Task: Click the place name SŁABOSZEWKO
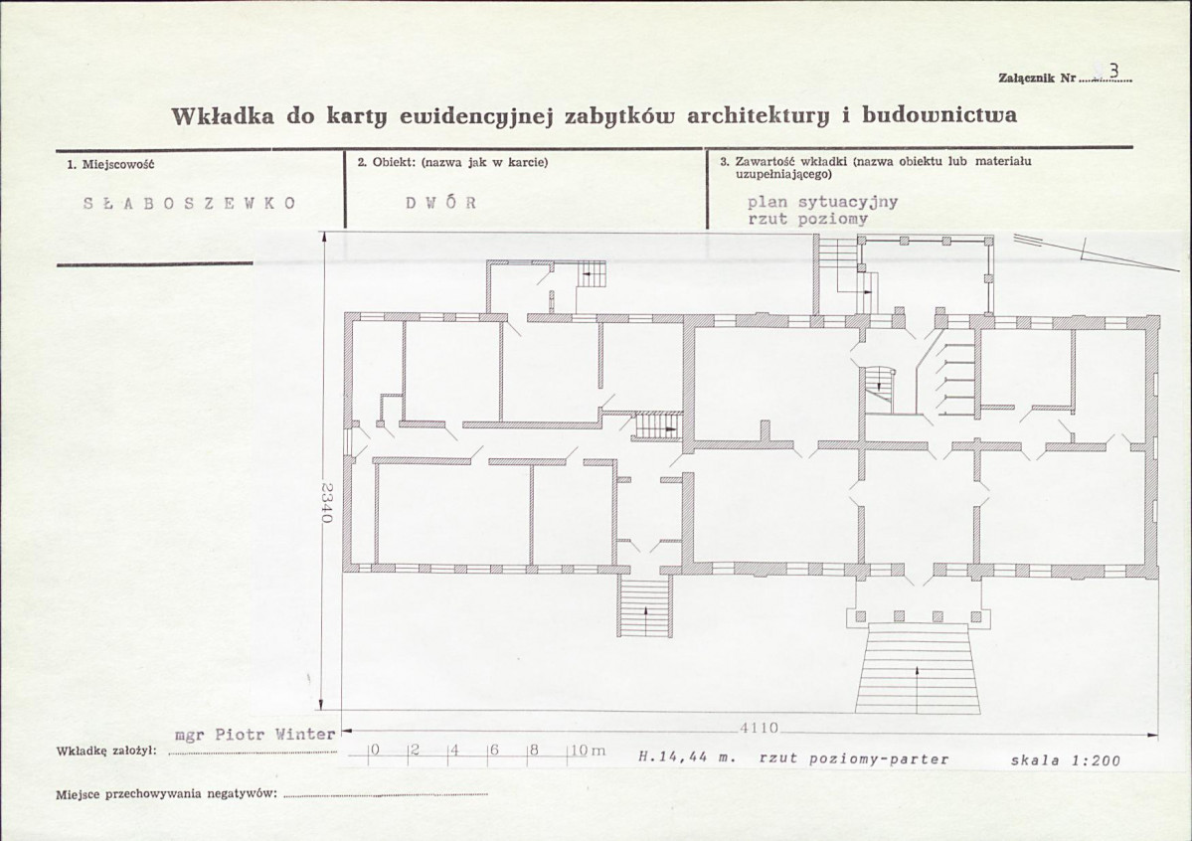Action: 189,203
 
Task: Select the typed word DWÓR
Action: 441,203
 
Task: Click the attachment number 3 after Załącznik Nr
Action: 1113,72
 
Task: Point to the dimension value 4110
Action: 760,728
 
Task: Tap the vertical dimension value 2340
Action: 327,503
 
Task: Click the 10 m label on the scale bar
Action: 588,751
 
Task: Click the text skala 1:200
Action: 1065,759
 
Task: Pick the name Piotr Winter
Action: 275,735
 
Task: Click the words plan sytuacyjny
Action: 822,202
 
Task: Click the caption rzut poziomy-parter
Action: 854,758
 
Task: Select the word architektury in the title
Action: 761,116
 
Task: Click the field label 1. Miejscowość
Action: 111,163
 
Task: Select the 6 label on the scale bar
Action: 494,750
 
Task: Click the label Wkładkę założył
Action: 107,751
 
